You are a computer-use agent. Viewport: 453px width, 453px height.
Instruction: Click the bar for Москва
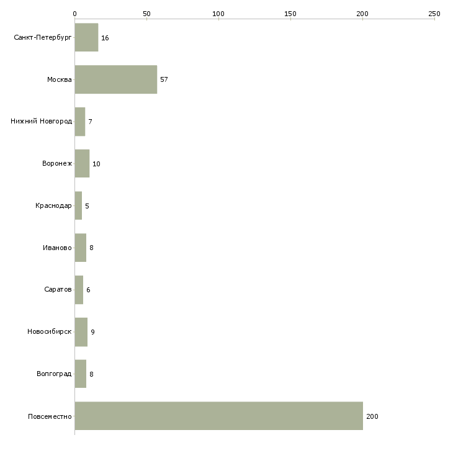click(116, 79)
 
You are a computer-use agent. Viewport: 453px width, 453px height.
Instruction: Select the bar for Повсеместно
click(218, 416)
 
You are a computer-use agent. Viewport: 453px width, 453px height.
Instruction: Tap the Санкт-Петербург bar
click(86, 38)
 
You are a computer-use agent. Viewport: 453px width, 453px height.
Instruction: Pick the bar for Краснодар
click(78, 205)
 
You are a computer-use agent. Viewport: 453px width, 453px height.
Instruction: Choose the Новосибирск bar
click(81, 332)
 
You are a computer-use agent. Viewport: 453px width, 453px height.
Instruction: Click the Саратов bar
click(79, 290)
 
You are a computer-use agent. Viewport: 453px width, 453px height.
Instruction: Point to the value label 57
click(164, 79)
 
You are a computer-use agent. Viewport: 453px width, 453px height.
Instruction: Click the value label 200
click(372, 416)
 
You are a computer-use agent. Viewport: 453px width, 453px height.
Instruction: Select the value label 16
click(105, 38)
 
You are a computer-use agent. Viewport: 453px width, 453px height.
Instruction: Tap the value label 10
click(96, 164)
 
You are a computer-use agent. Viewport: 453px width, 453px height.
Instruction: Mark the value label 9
click(92, 332)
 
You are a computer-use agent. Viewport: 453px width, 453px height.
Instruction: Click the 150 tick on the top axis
click(290, 13)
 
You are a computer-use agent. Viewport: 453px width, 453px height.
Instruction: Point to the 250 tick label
click(434, 13)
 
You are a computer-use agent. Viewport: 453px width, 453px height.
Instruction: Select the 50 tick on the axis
click(146, 13)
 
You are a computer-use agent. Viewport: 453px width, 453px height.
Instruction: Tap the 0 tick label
click(74, 13)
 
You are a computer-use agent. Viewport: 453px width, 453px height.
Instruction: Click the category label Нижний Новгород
click(41, 122)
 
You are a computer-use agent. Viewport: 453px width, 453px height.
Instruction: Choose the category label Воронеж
click(57, 164)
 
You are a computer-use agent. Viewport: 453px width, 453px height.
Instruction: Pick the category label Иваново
click(57, 248)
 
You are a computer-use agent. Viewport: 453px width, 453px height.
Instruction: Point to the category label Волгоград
click(54, 374)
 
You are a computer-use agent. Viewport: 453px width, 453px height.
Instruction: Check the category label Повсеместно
click(50, 416)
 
